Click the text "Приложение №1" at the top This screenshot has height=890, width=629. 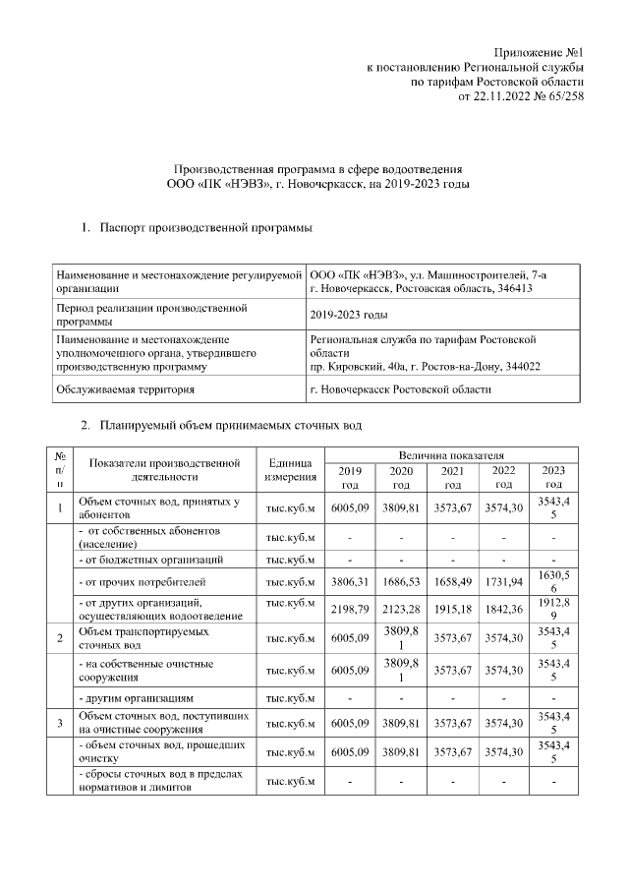pyautogui.click(x=540, y=52)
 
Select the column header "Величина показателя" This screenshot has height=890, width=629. pyautogui.click(x=450, y=455)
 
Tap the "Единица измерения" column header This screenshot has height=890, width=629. pyautogui.click(x=291, y=470)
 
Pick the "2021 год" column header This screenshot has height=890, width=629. pyautogui.click(x=452, y=478)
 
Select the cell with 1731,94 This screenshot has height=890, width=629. pyautogui.click(x=503, y=581)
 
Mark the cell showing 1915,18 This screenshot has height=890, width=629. pyautogui.click(x=452, y=610)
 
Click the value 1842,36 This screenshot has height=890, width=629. pyautogui.click(x=503, y=610)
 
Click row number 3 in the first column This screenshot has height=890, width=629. pyautogui.click(x=60, y=724)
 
